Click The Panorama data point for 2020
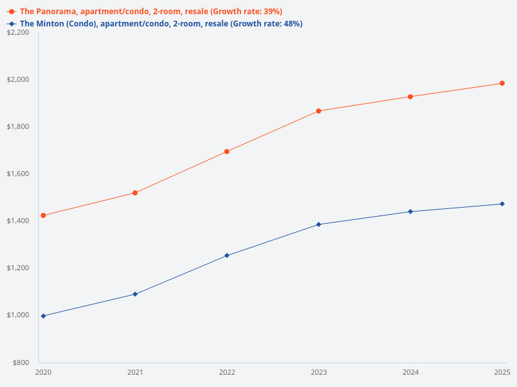pyautogui.click(x=43, y=215)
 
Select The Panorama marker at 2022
pyautogui.click(x=227, y=152)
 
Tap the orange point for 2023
pyautogui.click(x=319, y=111)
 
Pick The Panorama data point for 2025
pyautogui.click(x=502, y=83)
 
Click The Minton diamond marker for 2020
pyautogui.click(x=43, y=316)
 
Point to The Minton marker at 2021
pyautogui.click(x=135, y=294)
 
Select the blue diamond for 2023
pyautogui.click(x=319, y=224)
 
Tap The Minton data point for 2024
pyautogui.click(x=410, y=212)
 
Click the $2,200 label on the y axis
pyautogui.click(x=17, y=32)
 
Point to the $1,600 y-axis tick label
pyautogui.click(x=17, y=174)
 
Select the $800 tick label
pyautogui.click(x=19, y=362)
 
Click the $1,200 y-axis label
pyautogui.click(x=17, y=268)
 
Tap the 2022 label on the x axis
pyautogui.click(x=227, y=372)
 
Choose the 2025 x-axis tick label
pyautogui.click(x=502, y=372)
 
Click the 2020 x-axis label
pyautogui.click(x=43, y=372)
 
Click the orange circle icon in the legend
pyautogui.click(x=11, y=12)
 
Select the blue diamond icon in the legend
pyautogui.click(x=11, y=24)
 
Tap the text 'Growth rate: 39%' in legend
pyautogui.click(x=251, y=12)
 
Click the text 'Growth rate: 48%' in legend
pyautogui.click(x=271, y=24)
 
